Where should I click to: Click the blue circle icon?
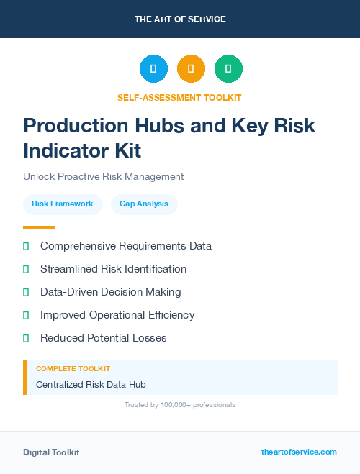pyautogui.click(x=153, y=69)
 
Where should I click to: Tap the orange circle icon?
pyautogui.click(x=191, y=69)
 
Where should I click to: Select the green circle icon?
pyautogui.click(x=228, y=69)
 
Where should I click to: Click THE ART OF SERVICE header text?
pyautogui.click(x=180, y=19)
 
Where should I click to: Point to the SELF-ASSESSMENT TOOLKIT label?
pyautogui.click(x=179, y=97)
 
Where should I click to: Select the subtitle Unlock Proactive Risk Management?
pyautogui.click(x=103, y=176)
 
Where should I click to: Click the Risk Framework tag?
pyautogui.click(x=63, y=204)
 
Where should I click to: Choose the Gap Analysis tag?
pyautogui.click(x=144, y=204)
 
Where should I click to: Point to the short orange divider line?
pyautogui.click(x=39, y=227)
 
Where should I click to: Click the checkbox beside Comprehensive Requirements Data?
pyautogui.click(x=26, y=246)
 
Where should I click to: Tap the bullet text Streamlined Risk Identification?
pyautogui.click(x=113, y=269)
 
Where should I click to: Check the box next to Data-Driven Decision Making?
pyautogui.click(x=26, y=292)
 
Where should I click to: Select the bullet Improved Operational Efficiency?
pyautogui.click(x=117, y=315)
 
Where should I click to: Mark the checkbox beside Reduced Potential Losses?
pyautogui.click(x=26, y=338)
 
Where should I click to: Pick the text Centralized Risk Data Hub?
pyautogui.click(x=91, y=385)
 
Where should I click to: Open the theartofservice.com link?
pyautogui.click(x=299, y=452)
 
